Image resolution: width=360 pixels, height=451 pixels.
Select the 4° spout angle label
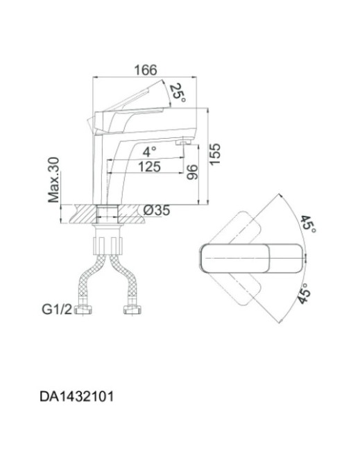click(149, 151)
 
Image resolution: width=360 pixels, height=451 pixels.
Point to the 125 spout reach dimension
click(149, 167)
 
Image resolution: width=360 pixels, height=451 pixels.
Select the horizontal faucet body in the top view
click(252, 258)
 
